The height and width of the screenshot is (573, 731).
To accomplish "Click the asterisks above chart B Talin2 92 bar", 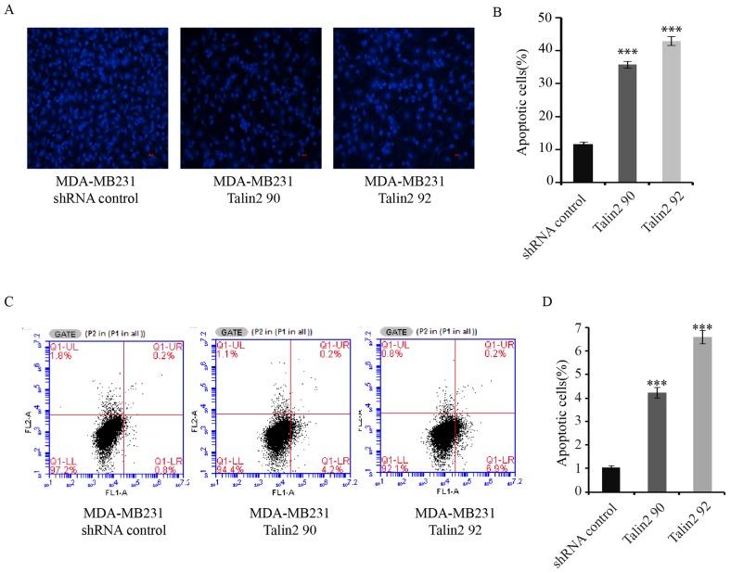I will click(x=671, y=31).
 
